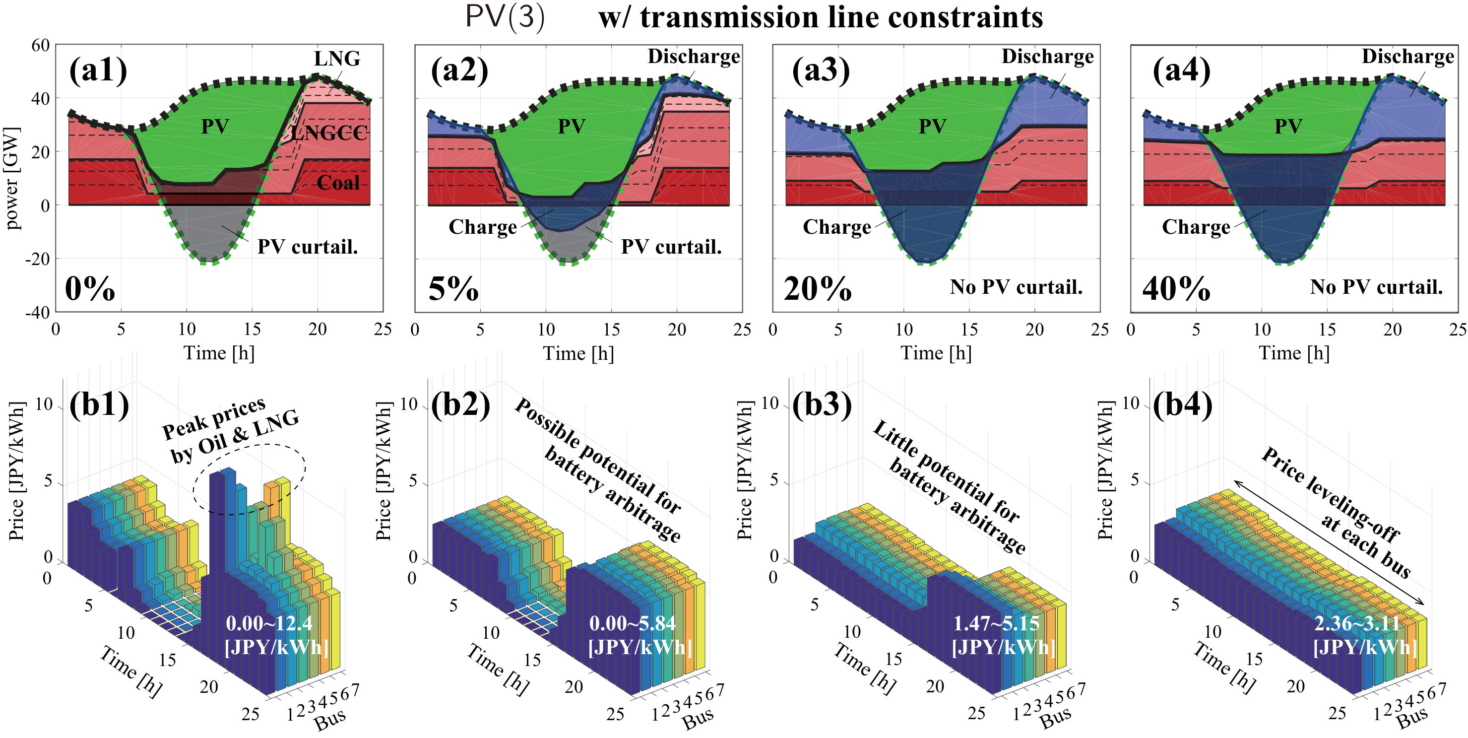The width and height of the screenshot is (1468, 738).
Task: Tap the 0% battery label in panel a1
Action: (x=90, y=288)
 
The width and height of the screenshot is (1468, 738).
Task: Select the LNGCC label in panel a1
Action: (x=329, y=133)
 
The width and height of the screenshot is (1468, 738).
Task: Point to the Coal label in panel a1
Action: (x=338, y=183)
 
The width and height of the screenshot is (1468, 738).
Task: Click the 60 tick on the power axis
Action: (x=41, y=45)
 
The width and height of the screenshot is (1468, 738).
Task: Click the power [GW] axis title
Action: (x=12, y=178)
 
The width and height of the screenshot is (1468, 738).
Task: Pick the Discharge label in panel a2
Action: (x=694, y=57)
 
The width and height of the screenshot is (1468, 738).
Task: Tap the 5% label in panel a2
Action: (x=453, y=288)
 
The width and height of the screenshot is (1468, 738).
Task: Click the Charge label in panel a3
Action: (x=836, y=227)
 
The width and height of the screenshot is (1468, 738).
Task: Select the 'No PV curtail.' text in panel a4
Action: (x=1376, y=287)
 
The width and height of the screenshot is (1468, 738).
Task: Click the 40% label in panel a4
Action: (x=1176, y=288)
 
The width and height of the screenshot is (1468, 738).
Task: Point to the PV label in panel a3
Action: (x=932, y=126)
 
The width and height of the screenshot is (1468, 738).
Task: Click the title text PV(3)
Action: (x=505, y=16)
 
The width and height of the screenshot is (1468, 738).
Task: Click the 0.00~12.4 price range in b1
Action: (x=269, y=623)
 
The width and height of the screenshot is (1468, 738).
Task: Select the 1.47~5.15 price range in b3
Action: (x=996, y=623)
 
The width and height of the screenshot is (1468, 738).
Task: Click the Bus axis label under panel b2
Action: (x=698, y=719)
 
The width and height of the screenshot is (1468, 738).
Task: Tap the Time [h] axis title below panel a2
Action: (x=578, y=353)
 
